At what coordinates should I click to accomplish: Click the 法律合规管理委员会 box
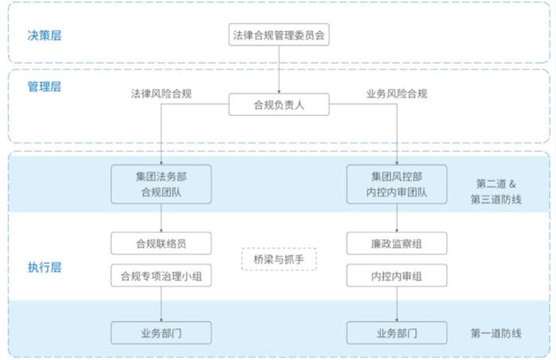279,34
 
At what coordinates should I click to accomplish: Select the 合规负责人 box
279,104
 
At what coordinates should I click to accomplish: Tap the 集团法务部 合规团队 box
161,184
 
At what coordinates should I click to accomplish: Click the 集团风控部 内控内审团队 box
396,184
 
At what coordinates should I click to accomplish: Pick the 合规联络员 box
161,243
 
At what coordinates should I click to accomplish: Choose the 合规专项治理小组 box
161,275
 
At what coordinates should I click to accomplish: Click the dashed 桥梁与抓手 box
279,259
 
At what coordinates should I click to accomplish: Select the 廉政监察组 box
396,243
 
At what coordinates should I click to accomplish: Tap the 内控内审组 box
396,275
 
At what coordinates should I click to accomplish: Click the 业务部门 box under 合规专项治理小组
161,333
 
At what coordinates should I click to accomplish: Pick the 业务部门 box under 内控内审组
396,333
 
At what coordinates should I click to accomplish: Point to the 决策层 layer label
44,36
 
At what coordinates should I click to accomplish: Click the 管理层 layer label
44,87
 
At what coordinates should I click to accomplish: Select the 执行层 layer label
44,267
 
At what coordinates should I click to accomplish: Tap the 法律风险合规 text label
161,94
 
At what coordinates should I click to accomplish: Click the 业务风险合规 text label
396,94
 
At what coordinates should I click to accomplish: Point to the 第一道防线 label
496,333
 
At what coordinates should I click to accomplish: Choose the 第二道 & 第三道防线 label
496,192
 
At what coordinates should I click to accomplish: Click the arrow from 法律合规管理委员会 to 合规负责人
279,69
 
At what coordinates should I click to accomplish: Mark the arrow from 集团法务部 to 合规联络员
161,218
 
